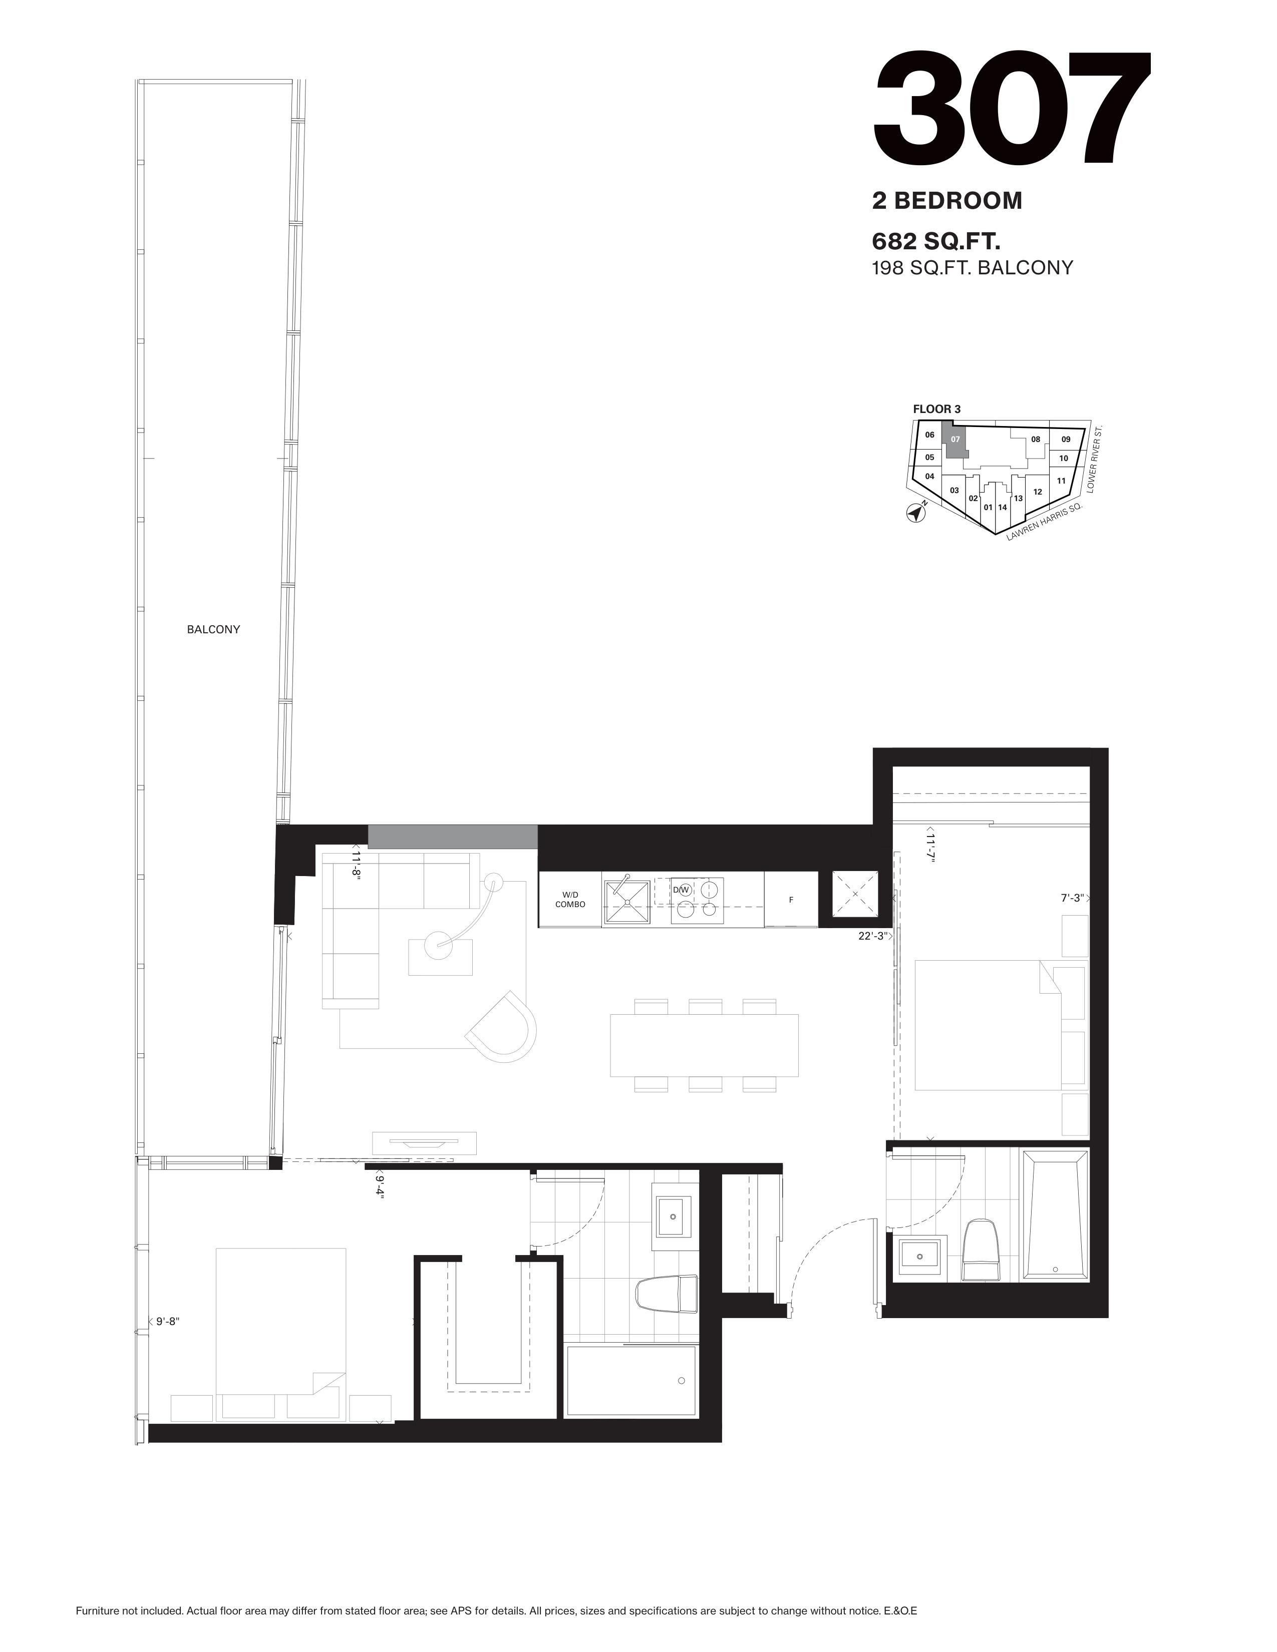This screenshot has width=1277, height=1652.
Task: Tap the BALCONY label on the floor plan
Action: click(x=213, y=629)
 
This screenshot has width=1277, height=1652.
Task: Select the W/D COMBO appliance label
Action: click(x=570, y=900)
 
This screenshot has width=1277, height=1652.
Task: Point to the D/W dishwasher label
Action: click(x=682, y=890)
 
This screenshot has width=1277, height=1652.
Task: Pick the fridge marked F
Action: click(x=791, y=900)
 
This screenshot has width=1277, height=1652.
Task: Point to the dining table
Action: click(x=704, y=1045)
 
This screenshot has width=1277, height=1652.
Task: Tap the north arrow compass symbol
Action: click(x=917, y=513)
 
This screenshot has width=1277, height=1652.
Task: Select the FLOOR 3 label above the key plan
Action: click(x=936, y=409)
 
